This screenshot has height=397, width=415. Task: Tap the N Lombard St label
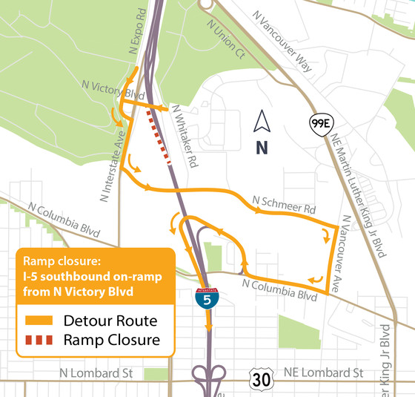[x=93, y=373]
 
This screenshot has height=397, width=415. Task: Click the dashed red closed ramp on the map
[x=159, y=137]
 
